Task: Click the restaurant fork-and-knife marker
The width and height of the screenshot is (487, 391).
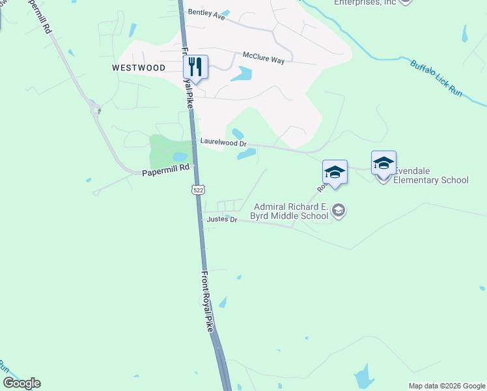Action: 195,66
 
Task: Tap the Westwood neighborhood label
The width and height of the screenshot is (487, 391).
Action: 139,67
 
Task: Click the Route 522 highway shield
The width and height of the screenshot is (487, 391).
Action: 199,189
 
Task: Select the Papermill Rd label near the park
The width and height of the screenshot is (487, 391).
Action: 165,167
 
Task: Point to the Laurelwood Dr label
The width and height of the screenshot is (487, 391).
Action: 223,141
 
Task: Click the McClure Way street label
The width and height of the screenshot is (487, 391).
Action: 264,59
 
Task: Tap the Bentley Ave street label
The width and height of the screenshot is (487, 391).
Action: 206,13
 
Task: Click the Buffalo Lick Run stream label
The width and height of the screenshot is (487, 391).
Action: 436,80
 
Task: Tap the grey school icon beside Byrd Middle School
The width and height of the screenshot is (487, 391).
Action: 338,210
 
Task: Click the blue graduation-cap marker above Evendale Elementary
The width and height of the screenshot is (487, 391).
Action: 383,162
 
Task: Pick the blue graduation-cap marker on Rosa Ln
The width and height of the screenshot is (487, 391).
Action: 335,172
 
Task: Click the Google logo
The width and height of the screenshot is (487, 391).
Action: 21,383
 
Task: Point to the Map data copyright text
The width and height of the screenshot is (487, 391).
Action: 447,386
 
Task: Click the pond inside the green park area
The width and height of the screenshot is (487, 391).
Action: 180,157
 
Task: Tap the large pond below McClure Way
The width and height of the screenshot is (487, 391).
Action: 241,74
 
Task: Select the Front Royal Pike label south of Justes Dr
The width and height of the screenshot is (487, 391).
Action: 207,301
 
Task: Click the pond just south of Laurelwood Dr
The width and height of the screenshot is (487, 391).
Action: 247,154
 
